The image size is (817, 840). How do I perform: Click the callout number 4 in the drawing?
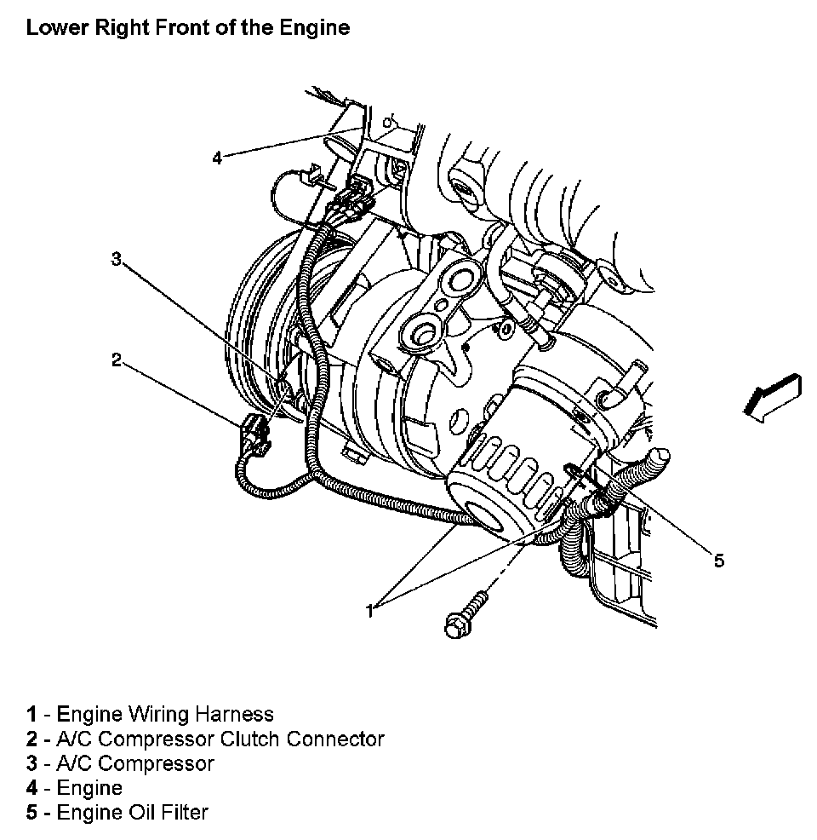(x=217, y=158)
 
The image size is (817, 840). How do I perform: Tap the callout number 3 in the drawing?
(x=117, y=259)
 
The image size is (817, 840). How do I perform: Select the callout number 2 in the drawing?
(x=117, y=360)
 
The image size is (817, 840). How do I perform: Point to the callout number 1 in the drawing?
(x=370, y=610)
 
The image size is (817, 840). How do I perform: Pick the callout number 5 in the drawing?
(x=719, y=560)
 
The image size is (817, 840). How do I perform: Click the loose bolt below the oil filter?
(x=465, y=615)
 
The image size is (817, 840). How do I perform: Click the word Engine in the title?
(x=318, y=27)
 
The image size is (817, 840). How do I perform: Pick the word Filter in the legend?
(x=180, y=813)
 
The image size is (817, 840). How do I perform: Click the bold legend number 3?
(x=31, y=763)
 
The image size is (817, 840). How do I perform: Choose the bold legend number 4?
(x=31, y=788)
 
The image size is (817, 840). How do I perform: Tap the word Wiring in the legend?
(x=161, y=714)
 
